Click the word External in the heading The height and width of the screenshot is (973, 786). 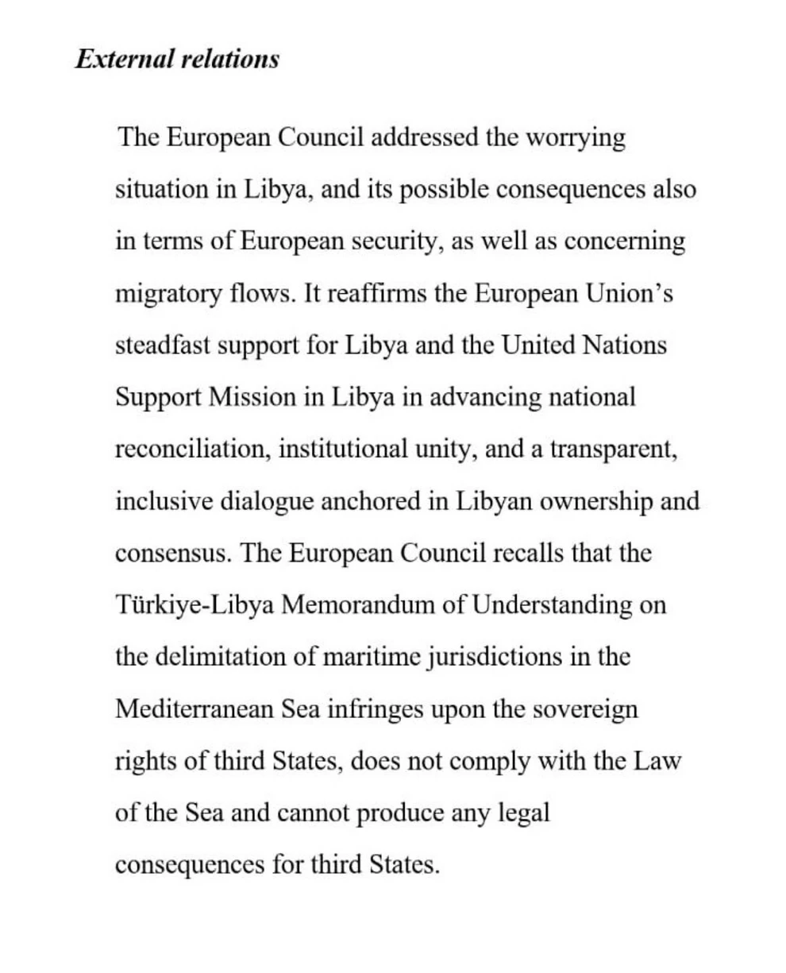pos(123,60)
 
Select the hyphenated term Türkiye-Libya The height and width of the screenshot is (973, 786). pos(195,606)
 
